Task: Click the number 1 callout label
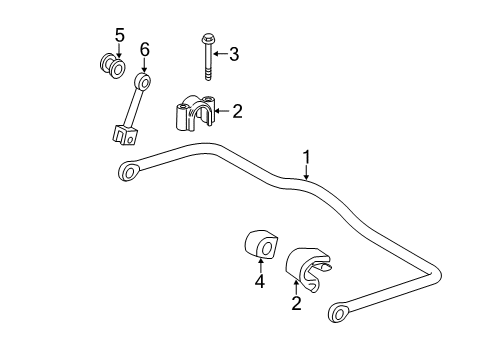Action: pyautogui.click(x=307, y=156)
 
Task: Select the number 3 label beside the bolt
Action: pyautogui.click(x=234, y=54)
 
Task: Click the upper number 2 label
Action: pyautogui.click(x=237, y=112)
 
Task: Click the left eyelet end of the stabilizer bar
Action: pyautogui.click(x=129, y=172)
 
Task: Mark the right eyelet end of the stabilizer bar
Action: pyautogui.click(x=338, y=315)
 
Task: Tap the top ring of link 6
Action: pyautogui.click(x=143, y=80)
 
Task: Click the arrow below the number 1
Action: pyautogui.click(x=307, y=172)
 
